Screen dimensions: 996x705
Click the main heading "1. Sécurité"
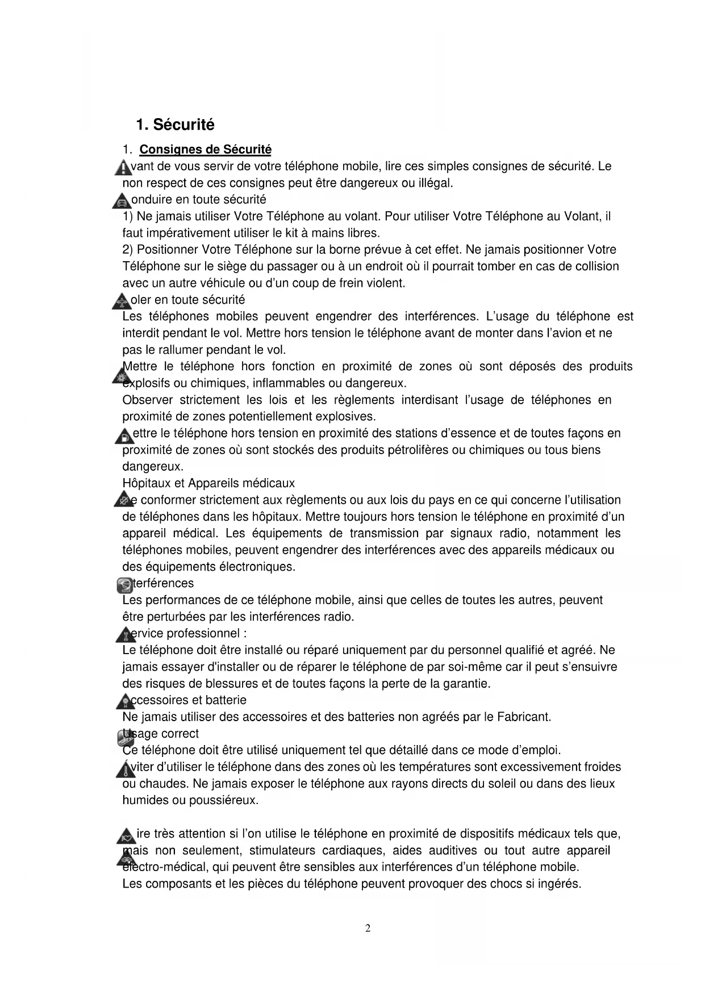[x=175, y=124]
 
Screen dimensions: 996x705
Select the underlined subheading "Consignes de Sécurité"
[x=205, y=149]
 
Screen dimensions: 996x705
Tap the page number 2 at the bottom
[x=368, y=928]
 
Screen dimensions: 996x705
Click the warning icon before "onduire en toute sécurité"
[x=121, y=201]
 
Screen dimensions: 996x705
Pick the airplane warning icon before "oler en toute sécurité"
[x=121, y=301]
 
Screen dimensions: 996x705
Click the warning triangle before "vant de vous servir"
[x=122, y=168]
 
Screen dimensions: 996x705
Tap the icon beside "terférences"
[x=124, y=585]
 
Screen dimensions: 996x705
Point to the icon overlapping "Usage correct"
[x=127, y=737]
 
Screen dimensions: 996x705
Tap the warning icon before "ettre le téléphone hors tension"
[x=123, y=436]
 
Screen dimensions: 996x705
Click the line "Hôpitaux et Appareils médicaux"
[x=208, y=483]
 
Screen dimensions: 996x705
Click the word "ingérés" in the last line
[x=560, y=884]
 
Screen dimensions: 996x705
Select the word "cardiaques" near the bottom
[x=351, y=850]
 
